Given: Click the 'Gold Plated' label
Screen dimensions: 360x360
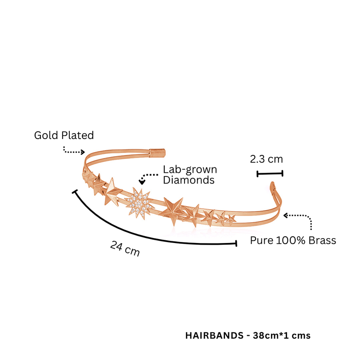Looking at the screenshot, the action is pyautogui.click(x=64, y=135).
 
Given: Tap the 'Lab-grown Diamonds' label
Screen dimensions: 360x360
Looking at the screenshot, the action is pyautogui.click(x=190, y=175).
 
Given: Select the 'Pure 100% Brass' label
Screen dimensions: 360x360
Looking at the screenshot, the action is pyautogui.click(x=293, y=240).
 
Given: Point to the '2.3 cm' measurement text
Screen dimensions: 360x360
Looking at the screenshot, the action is pyautogui.click(x=266, y=159).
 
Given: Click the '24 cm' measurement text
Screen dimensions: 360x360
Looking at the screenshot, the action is pyautogui.click(x=125, y=248).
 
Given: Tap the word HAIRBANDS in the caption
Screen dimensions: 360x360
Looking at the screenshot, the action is pyautogui.click(x=215, y=336).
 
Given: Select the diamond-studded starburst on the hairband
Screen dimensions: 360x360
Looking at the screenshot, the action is pyautogui.click(x=139, y=203).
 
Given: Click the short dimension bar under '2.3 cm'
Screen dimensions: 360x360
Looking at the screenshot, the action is pyautogui.click(x=270, y=174).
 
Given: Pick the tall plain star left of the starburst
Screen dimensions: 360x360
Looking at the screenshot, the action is pyautogui.click(x=112, y=192).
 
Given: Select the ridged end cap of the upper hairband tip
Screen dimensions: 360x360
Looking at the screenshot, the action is pyautogui.click(x=157, y=153).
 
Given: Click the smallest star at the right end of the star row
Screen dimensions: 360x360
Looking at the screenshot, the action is pyautogui.click(x=231, y=218).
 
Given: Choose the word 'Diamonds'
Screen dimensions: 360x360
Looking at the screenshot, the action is pyautogui.click(x=189, y=180).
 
